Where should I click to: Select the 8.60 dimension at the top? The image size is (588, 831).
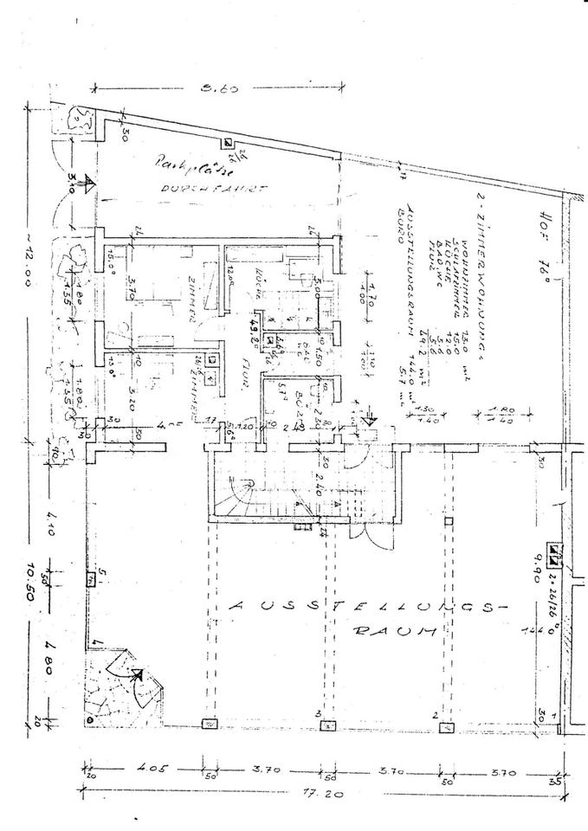(217, 87)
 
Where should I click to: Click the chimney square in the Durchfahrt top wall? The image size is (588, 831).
(227, 143)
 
